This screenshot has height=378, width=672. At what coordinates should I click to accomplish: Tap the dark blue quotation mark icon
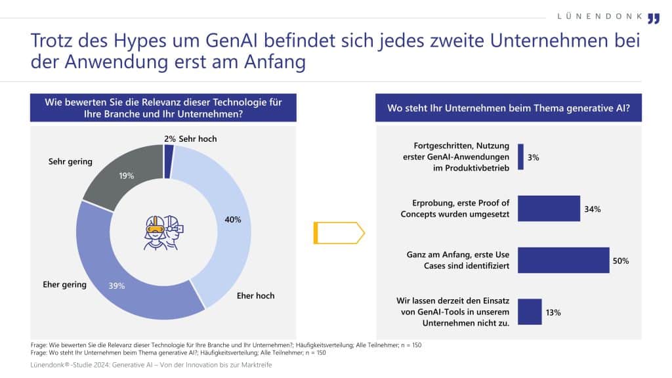click(x=654, y=18)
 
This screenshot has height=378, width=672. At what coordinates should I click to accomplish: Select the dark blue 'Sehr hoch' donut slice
click(x=169, y=152)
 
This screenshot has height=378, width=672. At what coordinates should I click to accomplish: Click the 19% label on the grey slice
click(x=127, y=175)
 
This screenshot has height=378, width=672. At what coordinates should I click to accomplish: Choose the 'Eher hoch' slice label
click(x=255, y=296)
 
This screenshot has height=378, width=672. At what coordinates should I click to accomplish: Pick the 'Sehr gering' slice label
click(x=70, y=161)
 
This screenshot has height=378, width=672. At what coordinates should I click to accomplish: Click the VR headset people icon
click(x=163, y=232)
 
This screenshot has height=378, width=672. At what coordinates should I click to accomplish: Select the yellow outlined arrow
click(x=339, y=232)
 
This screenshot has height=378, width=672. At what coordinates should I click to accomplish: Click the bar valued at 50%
click(x=564, y=261)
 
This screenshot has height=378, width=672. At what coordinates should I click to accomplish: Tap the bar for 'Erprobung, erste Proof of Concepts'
click(x=549, y=209)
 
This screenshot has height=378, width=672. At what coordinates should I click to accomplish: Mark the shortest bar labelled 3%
click(x=521, y=157)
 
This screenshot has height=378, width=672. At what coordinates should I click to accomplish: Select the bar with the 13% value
click(x=530, y=312)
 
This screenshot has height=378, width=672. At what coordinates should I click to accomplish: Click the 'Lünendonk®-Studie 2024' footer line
click(x=151, y=365)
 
